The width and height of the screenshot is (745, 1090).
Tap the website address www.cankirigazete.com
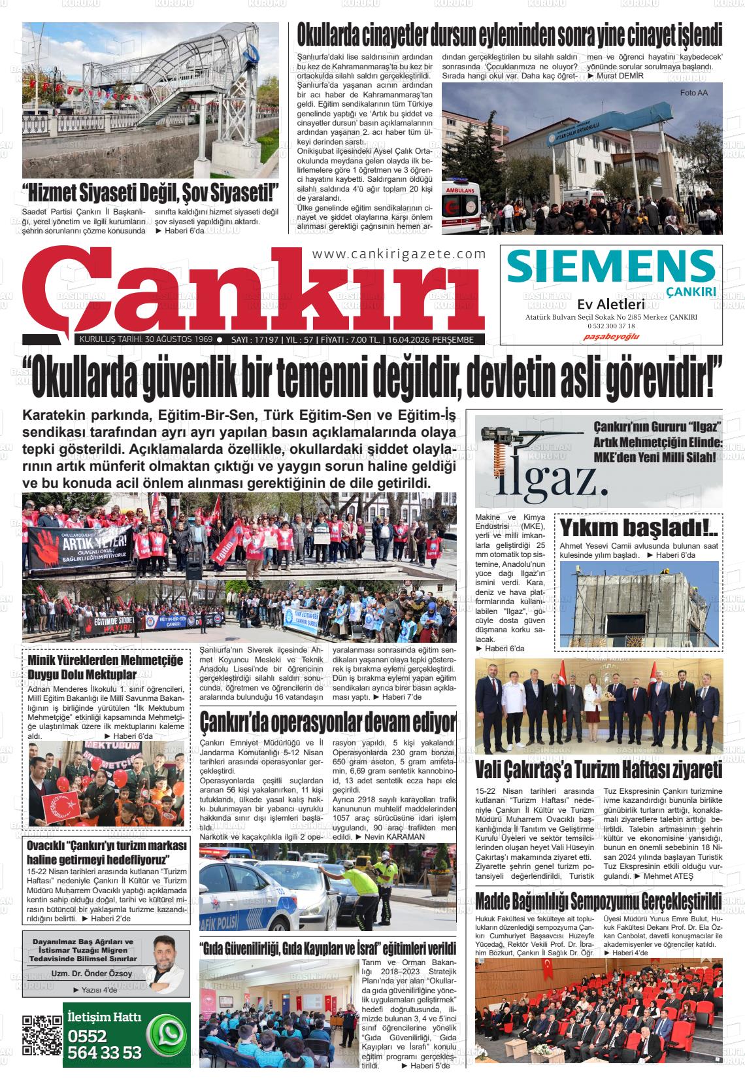click(399, 254)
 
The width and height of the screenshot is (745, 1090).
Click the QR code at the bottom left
click(42, 1035)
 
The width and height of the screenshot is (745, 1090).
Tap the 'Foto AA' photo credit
click(693, 92)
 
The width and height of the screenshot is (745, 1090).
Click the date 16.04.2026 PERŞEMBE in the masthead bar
click(434, 340)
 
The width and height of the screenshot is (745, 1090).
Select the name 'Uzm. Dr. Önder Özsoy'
click(92, 973)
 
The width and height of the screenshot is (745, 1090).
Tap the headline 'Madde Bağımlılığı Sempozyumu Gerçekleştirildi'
click(598, 900)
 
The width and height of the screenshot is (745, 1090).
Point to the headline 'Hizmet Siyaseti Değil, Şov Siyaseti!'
click(150, 194)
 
